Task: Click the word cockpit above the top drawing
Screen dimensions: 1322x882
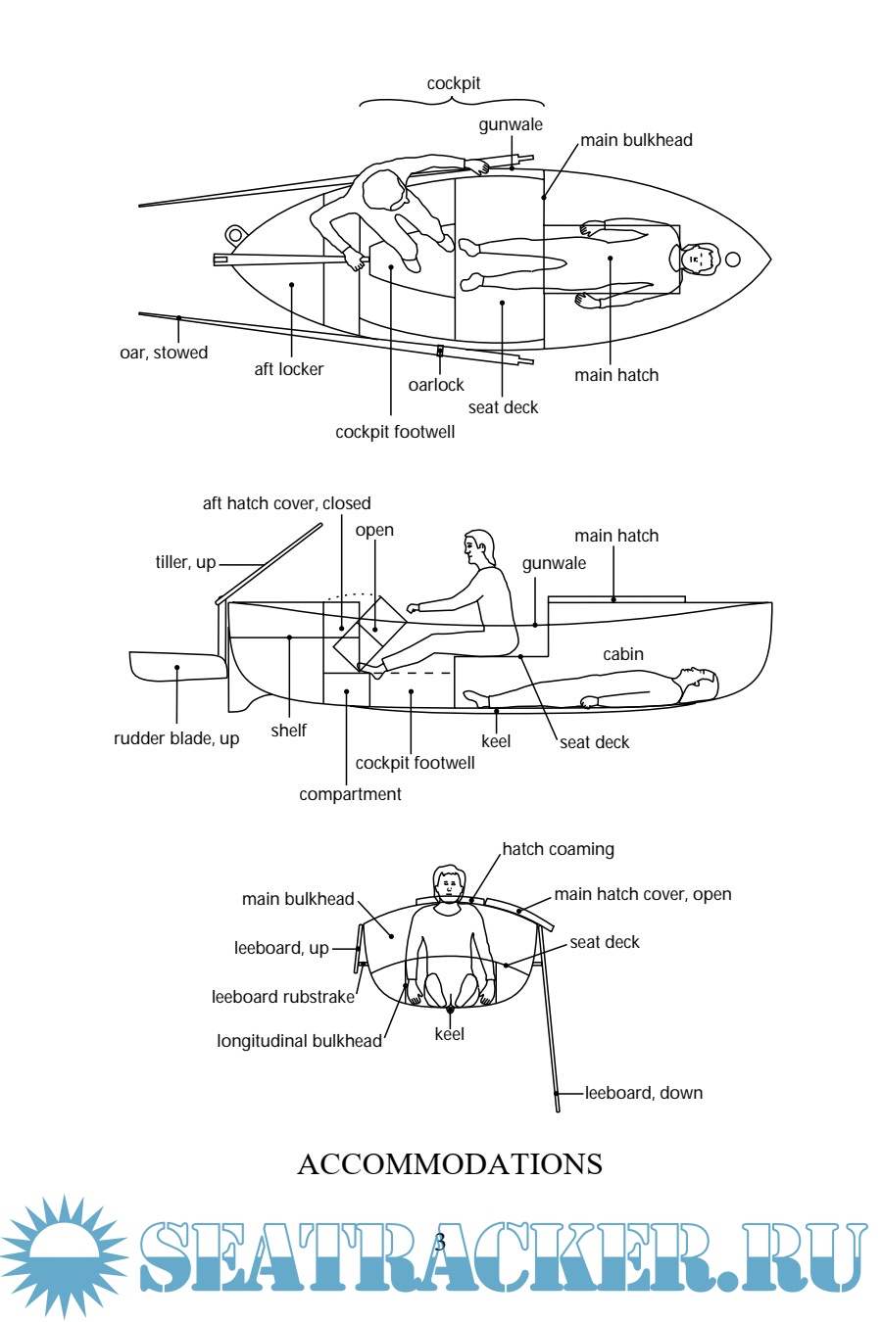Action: (454, 84)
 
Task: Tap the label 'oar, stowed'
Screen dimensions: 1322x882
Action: (164, 353)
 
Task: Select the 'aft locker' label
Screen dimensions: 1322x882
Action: (288, 369)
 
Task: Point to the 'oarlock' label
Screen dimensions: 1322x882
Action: (436, 385)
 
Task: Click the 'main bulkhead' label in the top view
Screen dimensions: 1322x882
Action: (636, 140)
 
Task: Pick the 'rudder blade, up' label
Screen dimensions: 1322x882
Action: (176, 738)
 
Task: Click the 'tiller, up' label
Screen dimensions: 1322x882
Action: (185, 562)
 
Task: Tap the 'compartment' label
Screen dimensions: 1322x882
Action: (350, 794)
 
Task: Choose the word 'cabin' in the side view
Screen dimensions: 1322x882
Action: (623, 654)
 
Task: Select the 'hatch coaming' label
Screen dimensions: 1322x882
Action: (558, 849)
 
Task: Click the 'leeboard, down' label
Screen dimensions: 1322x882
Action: (644, 1093)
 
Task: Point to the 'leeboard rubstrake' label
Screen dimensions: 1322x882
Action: (283, 997)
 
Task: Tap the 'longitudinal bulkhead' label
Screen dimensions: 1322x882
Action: (299, 1041)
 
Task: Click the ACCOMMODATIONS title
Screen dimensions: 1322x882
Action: (449, 1164)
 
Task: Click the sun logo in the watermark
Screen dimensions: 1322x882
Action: (64, 1255)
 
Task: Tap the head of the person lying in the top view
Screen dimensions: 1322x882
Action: (697, 259)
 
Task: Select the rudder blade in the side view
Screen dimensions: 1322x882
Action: (176, 666)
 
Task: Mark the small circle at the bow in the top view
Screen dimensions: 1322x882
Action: (732, 260)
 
